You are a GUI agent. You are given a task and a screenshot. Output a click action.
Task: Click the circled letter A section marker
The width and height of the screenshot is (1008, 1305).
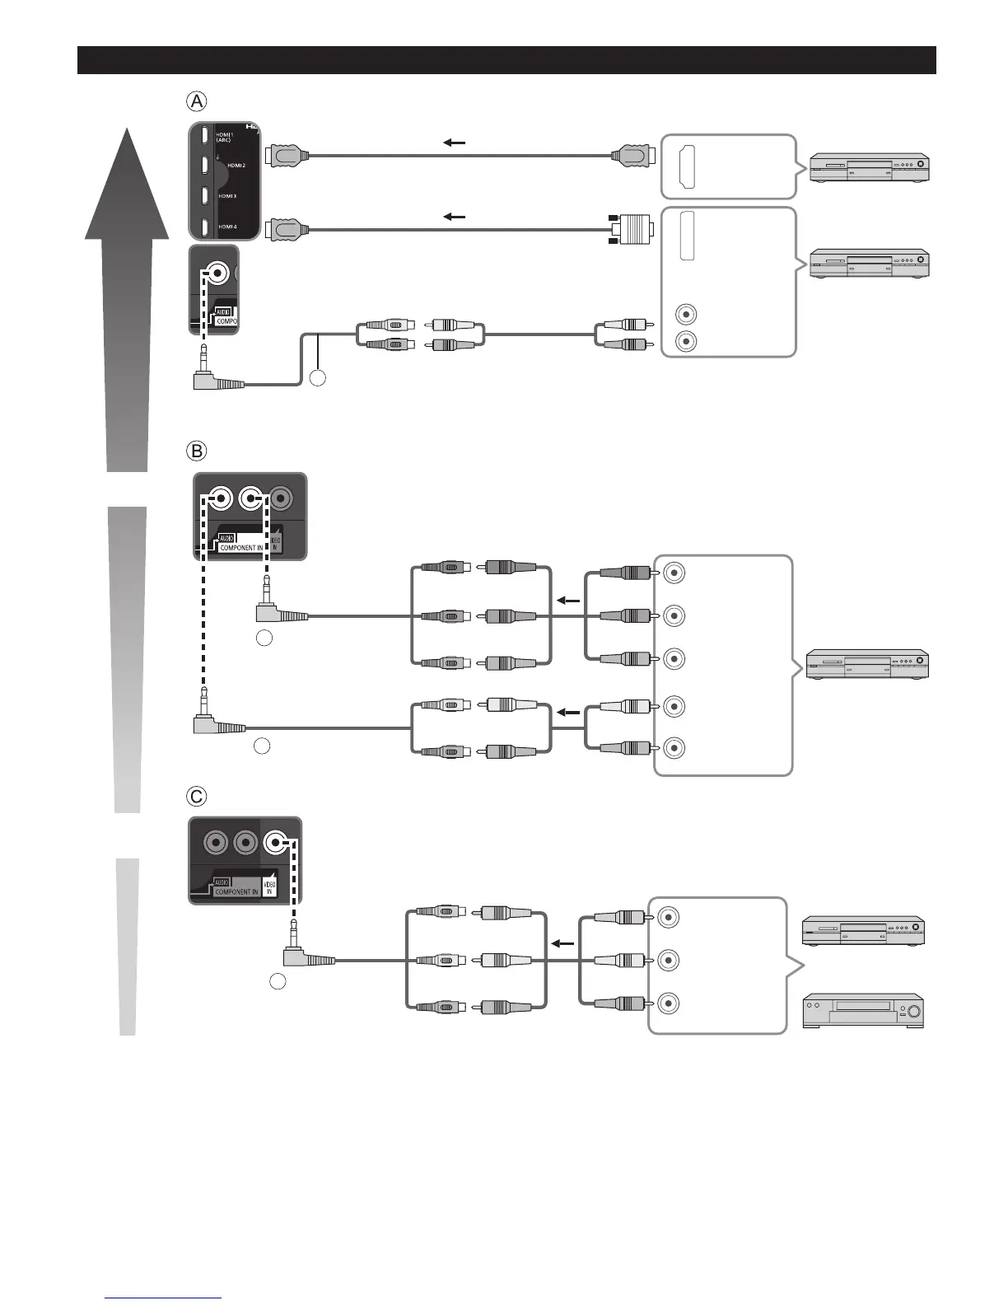click(x=196, y=101)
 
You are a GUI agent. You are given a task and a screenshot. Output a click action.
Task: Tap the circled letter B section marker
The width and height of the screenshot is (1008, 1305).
click(x=196, y=451)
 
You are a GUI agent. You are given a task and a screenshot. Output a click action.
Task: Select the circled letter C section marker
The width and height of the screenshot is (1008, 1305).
click(x=196, y=797)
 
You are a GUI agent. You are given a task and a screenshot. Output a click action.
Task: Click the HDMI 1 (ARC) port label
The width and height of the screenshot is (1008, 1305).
click(x=224, y=137)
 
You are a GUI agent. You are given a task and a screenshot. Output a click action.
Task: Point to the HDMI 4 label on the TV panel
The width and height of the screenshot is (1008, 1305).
click(x=228, y=226)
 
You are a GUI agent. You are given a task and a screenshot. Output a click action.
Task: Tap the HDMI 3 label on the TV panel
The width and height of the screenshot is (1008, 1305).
click(x=228, y=196)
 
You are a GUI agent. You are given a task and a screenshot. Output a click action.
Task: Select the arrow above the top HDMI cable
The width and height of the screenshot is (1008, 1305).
click(x=454, y=143)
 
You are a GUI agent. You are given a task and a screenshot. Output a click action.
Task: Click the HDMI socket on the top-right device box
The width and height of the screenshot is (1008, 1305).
click(x=687, y=166)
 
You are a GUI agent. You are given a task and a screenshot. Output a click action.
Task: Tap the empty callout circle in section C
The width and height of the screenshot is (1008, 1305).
click(x=278, y=982)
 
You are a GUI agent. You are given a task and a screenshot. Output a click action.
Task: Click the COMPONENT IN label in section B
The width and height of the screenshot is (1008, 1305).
click(x=241, y=547)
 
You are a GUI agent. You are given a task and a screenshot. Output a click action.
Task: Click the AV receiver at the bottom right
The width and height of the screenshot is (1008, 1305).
click(x=862, y=1011)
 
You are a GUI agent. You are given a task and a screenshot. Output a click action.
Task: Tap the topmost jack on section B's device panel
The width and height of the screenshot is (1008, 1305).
click(x=674, y=573)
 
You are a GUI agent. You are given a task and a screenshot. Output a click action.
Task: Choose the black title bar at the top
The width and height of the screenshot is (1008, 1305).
click(x=506, y=60)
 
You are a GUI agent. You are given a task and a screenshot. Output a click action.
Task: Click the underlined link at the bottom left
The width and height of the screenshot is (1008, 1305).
click(x=164, y=1298)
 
